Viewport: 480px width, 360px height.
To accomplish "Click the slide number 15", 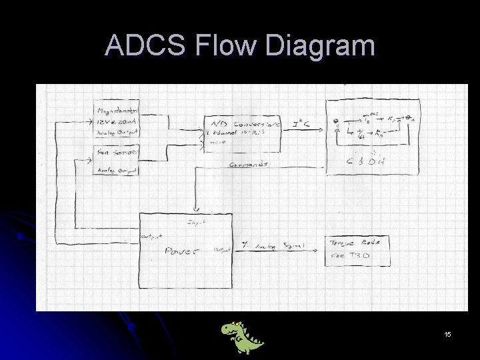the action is [447, 333].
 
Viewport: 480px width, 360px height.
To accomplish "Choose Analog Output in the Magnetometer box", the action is [116, 132].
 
